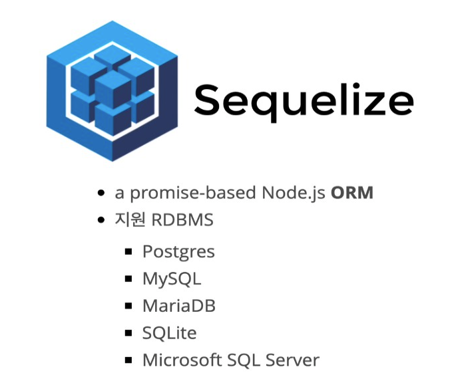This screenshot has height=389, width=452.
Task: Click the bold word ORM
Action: (352, 193)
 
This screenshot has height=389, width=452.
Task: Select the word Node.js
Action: (294, 193)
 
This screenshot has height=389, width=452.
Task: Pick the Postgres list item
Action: (178, 252)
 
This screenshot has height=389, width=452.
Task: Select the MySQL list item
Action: (172, 279)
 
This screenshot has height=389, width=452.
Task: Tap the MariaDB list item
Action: (179, 306)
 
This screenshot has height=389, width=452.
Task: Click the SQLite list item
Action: (169, 332)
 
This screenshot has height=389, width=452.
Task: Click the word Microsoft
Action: (184, 360)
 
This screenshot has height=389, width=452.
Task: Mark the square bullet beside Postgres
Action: (129, 251)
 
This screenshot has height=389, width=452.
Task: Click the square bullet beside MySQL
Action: (129, 279)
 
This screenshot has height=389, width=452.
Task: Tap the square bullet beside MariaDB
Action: (129, 306)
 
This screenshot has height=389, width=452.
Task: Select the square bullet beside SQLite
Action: (129, 332)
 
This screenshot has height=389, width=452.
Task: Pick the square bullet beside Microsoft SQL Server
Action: (129, 360)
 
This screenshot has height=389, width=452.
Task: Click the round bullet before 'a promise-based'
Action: (101, 194)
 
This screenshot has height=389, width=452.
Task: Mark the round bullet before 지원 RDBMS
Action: (101, 220)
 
